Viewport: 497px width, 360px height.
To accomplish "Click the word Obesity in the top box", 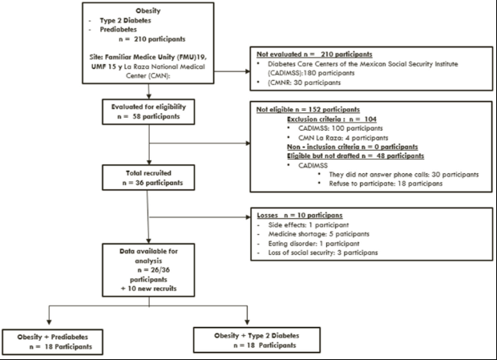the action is [x=148, y=10].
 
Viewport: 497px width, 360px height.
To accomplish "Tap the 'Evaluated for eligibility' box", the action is [x=148, y=112].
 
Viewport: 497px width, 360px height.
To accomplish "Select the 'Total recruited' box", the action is [x=148, y=177].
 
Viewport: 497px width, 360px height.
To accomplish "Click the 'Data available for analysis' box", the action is [x=148, y=270].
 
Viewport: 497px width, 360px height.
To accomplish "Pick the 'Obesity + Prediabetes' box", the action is [x=53, y=342].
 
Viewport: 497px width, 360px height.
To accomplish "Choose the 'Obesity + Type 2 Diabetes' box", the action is [x=257, y=340].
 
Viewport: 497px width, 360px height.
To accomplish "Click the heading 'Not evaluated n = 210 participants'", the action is [x=314, y=55].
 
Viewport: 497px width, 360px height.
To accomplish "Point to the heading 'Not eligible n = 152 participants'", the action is [x=308, y=110].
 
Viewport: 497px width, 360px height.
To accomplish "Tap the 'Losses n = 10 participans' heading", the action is [x=300, y=216].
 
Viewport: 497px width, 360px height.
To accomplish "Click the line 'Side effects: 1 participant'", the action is [x=309, y=225].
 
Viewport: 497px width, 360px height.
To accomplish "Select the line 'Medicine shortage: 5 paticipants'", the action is [x=319, y=234].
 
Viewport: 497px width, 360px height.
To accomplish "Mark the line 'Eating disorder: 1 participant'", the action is [x=313, y=244].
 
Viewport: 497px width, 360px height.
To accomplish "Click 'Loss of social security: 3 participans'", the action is [x=323, y=253].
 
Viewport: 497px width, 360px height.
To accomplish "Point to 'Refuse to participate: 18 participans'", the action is [x=386, y=184].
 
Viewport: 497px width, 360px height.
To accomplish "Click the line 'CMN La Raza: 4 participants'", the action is [x=343, y=138].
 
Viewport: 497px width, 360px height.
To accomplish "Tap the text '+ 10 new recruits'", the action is [x=148, y=289].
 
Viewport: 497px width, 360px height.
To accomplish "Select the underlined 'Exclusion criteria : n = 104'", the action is [x=332, y=119].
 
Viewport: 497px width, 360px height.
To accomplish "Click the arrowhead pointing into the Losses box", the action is [x=248, y=217].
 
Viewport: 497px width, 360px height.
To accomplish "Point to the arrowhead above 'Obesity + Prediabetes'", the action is [x=49, y=322].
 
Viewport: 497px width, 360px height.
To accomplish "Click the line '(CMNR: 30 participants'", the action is [x=305, y=83].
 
